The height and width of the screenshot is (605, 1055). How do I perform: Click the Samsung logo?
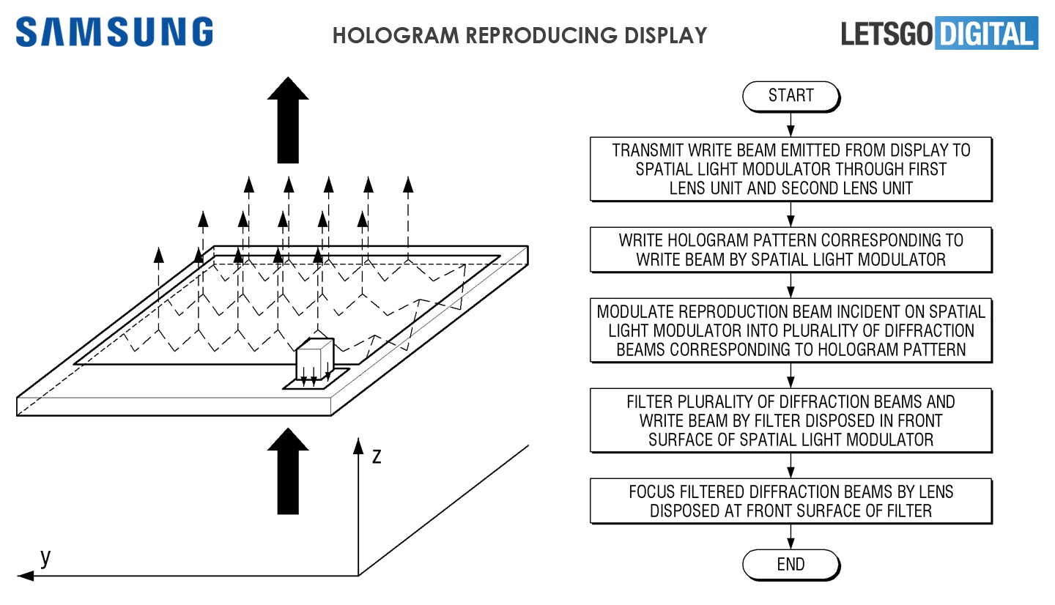114,33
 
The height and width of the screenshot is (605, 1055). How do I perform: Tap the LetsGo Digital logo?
939,34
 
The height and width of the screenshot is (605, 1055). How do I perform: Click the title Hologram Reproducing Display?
519,35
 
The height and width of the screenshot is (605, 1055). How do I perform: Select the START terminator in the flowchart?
791,95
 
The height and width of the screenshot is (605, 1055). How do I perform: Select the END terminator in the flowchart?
791,564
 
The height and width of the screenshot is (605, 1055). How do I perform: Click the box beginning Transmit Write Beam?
791,169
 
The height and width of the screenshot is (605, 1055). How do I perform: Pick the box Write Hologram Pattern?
791,250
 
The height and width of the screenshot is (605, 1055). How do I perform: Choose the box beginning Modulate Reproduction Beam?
791,330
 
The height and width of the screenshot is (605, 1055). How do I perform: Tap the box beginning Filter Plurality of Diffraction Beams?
791,420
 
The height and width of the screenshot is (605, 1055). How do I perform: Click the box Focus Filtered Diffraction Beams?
791,501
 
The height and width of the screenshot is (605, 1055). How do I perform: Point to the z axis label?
377,456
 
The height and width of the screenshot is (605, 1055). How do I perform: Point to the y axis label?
45,558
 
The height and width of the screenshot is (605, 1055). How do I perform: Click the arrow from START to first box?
791,123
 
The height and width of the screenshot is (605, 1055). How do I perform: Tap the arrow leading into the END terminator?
791,536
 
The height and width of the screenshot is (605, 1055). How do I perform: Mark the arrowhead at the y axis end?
25,576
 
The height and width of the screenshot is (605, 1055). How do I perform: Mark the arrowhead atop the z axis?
358,445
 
